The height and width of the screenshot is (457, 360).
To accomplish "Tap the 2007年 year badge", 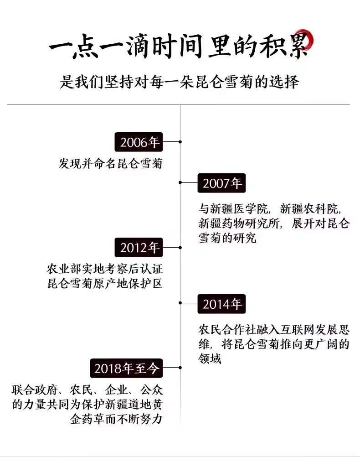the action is pos(222,183).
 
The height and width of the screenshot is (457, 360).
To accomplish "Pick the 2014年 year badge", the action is pos(222,303).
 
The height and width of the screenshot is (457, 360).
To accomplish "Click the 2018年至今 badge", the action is pos(127,368).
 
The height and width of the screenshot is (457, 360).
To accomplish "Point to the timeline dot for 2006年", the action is pos(180,142).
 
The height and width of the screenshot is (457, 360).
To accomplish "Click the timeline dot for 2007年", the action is pos(180,182).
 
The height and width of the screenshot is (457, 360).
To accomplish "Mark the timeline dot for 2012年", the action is pos(180,248).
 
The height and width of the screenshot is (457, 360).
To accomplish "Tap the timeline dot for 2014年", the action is pos(180,302).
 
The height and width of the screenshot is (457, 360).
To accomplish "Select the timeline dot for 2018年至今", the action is pos(180,368).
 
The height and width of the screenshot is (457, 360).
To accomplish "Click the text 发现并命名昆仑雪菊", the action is pos(110,164).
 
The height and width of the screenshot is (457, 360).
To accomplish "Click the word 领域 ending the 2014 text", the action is pos(210,359).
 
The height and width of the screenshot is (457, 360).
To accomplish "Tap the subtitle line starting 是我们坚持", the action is pos(180,82).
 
